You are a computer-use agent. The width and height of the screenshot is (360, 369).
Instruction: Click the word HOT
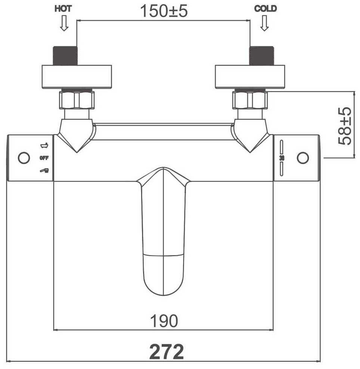[x=63, y=9]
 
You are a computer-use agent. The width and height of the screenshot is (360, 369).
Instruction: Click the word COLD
[x=266, y=9]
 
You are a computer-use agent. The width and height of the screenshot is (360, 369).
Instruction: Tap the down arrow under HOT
[x=64, y=23]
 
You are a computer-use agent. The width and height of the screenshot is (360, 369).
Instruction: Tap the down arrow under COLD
[x=264, y=23]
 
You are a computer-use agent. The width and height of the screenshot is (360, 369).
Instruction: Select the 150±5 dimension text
[x=164, y=11]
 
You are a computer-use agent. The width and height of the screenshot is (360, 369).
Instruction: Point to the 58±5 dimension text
[x=345, y=126]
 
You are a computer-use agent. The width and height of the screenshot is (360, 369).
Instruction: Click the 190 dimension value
[x=164, y=321]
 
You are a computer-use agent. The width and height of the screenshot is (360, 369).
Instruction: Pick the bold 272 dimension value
[x=167, y=351]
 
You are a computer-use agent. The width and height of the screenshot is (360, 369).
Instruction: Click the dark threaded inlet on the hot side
[x=65, y=56]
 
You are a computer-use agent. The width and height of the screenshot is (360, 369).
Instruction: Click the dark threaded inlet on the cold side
[x=261, y=56]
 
